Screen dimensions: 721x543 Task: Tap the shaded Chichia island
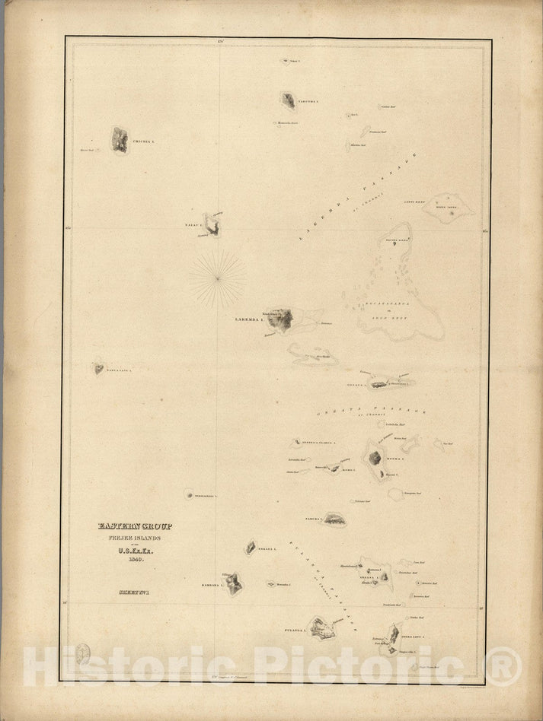(120, 139)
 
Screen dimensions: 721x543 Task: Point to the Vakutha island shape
(288, 100)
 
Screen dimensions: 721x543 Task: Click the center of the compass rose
(218, 278)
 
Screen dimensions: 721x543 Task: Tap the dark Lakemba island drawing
(280, 320)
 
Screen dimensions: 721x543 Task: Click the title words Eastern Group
(135, 526)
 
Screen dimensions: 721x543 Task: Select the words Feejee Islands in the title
(134, 538)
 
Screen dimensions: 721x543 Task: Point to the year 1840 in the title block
(134, 559)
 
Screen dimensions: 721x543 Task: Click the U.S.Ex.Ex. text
(134, 549)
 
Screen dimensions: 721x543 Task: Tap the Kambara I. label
(210, 586)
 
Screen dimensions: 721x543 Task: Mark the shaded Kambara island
(234, 583)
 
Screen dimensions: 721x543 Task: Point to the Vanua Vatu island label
(119, 370)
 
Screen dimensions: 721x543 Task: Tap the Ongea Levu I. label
(417, 635)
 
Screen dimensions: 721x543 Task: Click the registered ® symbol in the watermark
(503, 666)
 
